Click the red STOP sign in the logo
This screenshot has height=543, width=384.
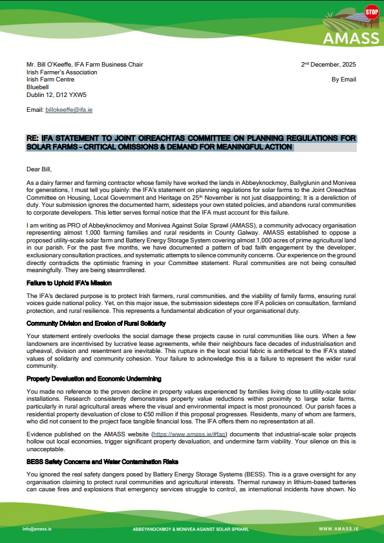pos(371,11)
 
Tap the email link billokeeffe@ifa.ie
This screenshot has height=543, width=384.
pos(69,110)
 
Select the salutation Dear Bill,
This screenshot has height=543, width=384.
pos(39,169)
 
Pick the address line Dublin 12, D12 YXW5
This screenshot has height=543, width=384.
pos(56,94)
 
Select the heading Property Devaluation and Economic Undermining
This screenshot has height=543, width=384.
pos(94,378)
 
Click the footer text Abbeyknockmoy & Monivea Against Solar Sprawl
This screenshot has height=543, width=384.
pos(191,529)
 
